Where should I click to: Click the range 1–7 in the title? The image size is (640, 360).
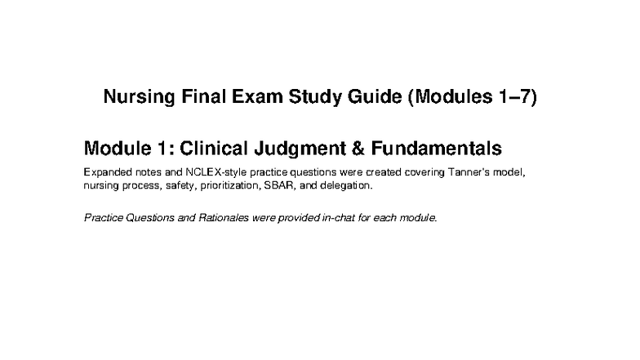click(510, 99)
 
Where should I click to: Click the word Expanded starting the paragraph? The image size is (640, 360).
click(107, 174)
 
